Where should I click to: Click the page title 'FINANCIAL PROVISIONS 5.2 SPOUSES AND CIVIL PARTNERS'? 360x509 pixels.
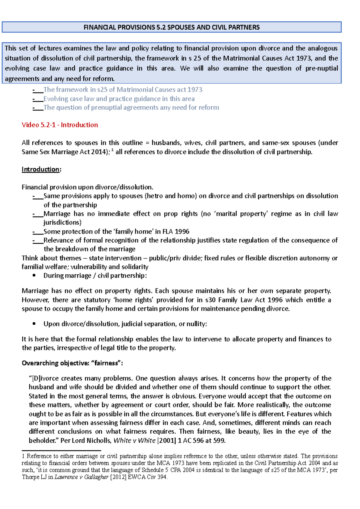pos(171,27)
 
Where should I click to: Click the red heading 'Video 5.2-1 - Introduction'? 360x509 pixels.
pos(60,125)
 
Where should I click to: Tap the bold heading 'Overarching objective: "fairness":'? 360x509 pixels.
pos(72,363)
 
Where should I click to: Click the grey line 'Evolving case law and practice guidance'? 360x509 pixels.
pos(119,99)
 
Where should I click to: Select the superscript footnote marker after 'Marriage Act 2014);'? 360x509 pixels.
pos(112,150)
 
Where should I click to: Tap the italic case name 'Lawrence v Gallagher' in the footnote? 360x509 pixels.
pos(81,477)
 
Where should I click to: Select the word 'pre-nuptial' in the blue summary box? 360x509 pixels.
pos(322,68)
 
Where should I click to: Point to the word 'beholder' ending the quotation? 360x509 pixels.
pos(43,440)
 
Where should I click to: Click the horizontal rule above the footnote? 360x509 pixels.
pos(61,450)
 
